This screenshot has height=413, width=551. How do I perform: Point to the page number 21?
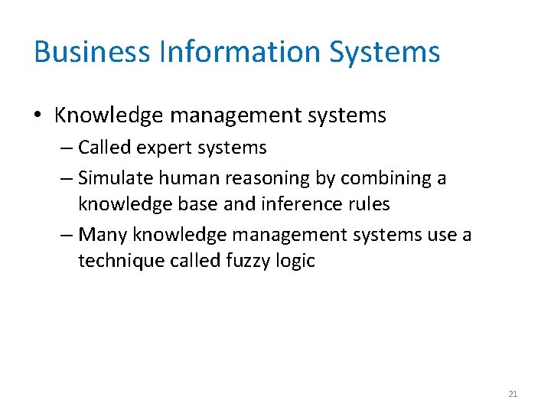[x=513, y=394]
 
